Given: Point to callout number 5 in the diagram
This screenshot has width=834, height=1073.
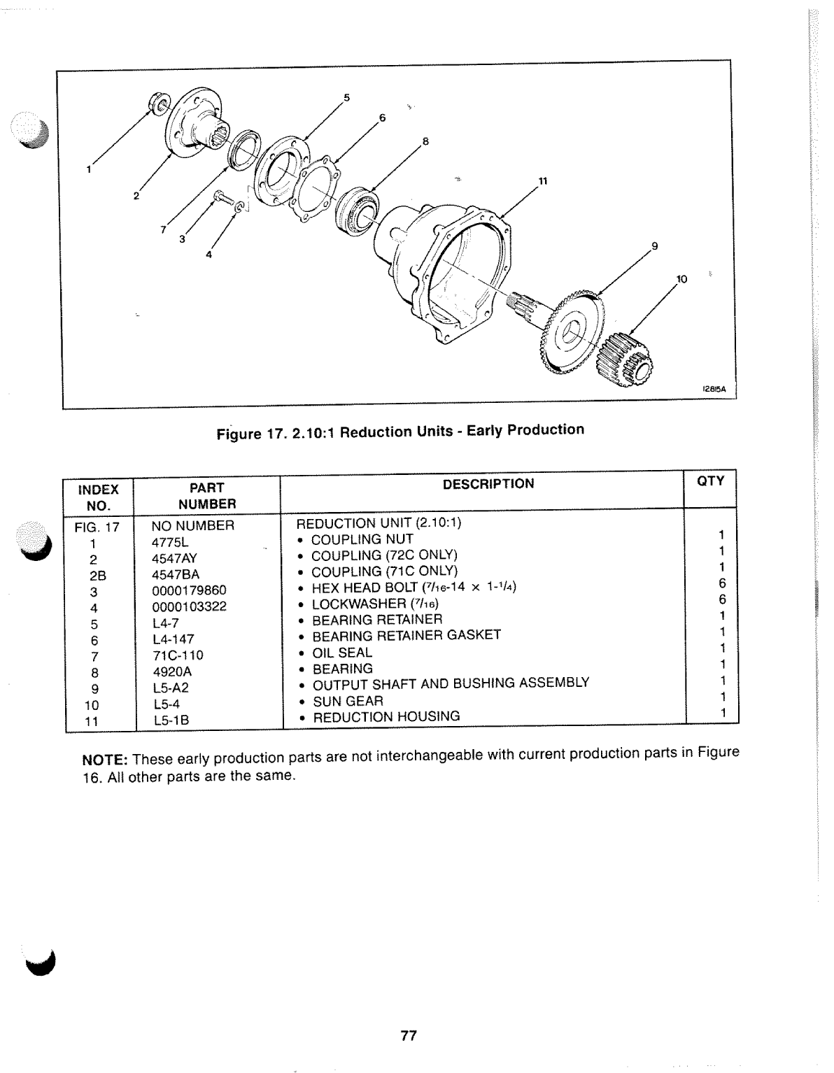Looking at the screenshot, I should click(346, 96).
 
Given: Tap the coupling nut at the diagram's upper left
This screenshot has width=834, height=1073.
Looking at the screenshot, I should click(158, 104).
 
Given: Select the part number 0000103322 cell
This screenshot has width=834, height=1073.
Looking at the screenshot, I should click(189, 606).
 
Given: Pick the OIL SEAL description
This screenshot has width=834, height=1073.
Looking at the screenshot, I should click(342, 652).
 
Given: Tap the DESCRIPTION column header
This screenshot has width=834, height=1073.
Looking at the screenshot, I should click(488, 483).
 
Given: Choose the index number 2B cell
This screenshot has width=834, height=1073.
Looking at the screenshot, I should click(97, 574).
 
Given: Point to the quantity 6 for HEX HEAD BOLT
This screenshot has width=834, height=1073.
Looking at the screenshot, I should click(723, 583).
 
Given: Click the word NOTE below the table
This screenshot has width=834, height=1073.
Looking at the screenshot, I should click(104, 760).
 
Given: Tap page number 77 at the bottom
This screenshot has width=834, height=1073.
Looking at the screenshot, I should click(409, 1037).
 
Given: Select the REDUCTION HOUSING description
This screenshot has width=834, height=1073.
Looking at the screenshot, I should click(386, 716).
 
